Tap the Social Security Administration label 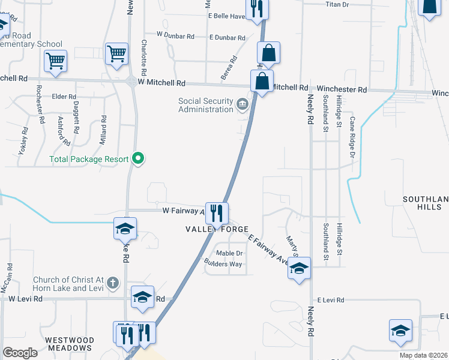coord(206,105)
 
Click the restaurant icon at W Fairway coord(217,212)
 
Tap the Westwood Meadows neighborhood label coord(70,344)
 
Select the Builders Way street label coord(223,263)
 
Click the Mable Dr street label coord(229,253)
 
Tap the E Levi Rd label coord(331,299)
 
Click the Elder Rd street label coord(64,96)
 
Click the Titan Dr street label coord(337,5)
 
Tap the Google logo coord(20,353)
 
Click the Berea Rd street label coord(231,63)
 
